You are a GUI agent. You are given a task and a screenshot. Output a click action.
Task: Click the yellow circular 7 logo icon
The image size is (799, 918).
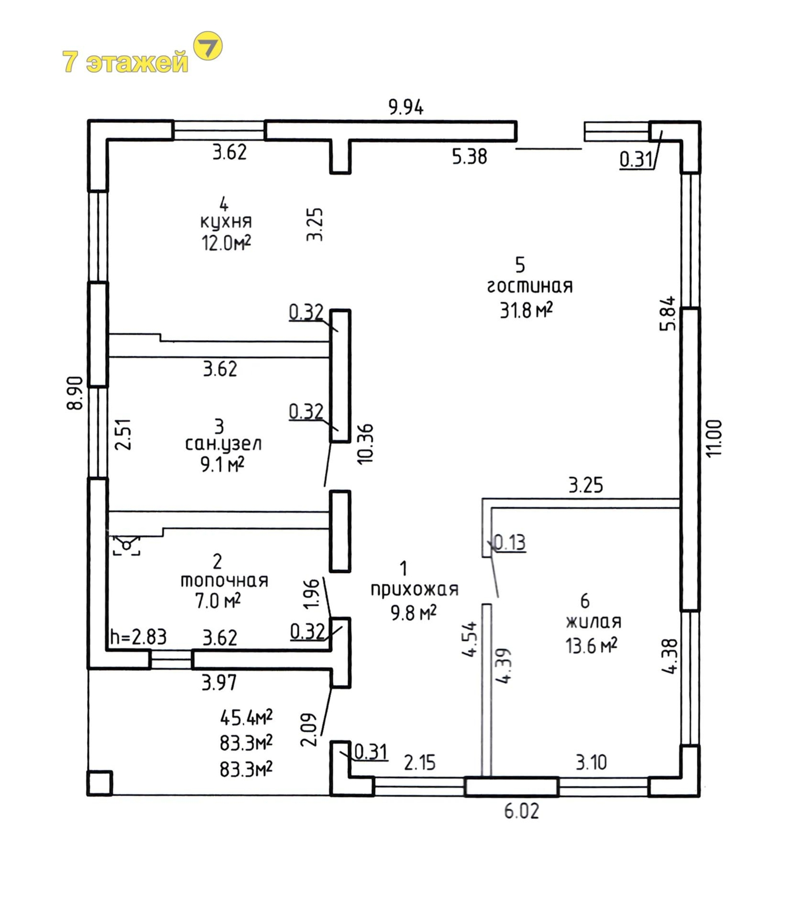point(209,46)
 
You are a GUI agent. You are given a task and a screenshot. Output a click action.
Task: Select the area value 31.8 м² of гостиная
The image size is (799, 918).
point(527,310)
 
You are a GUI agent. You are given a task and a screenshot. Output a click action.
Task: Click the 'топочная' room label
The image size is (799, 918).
point(224,581)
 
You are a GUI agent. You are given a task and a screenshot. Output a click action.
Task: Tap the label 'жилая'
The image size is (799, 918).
point(594,622)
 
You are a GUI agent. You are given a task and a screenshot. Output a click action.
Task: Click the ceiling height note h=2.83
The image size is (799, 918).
point(138,637)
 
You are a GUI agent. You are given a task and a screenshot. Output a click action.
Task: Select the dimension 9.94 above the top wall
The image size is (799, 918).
point(406,107)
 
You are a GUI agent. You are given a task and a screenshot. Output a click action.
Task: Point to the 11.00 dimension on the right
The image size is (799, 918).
point(715,438)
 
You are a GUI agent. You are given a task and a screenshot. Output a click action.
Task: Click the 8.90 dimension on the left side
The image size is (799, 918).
point(75,393)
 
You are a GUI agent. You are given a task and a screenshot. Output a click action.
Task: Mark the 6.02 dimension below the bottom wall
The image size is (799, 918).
point(522,811)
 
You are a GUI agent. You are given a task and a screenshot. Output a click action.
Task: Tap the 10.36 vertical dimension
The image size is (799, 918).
point(365,444)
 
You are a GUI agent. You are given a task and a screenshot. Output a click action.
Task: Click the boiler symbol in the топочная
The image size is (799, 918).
point(126,544)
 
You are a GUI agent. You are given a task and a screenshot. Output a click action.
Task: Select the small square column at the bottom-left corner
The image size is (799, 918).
point(100,783)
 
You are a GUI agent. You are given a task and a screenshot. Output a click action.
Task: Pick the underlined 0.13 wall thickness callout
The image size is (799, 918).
point(509,542)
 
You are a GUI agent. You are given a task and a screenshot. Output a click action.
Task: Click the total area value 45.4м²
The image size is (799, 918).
point(246,717)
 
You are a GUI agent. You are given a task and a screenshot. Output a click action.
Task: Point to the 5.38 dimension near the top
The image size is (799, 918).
point(470,157)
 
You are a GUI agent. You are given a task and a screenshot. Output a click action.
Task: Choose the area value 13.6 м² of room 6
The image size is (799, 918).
point(591,646)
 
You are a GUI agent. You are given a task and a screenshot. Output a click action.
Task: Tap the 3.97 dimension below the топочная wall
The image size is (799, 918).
point(219,683)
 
